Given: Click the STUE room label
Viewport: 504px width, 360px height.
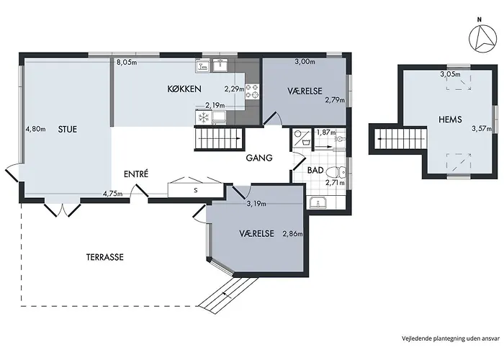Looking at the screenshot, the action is [x=68, y=129].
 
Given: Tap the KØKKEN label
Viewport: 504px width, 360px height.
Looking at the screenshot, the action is [x=184, y=89].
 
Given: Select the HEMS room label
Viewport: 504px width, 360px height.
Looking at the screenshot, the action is [x=450, y=120].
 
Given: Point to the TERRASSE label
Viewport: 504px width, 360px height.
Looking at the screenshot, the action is [x=105, y=257].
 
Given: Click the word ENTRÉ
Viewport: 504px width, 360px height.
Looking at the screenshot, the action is [x=136, y=174].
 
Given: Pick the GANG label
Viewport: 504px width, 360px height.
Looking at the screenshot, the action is [x=259, y=158].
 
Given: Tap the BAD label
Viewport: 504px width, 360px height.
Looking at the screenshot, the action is [x=315, y=171].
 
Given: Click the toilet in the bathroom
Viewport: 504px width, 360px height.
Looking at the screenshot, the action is [x=336, y=173].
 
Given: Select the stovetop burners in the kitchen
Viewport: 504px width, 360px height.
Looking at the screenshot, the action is [x=252, y=91].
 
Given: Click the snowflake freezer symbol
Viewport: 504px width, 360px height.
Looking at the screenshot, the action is [x=204, y=117].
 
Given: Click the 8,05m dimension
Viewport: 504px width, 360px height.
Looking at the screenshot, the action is [x=127, y=63].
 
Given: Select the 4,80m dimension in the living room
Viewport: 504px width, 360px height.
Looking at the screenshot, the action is [x=36, y=129].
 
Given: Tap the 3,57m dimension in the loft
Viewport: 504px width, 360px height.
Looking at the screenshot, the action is [x=482, y=129].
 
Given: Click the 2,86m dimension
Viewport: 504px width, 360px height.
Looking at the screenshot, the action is [x=292, y=234].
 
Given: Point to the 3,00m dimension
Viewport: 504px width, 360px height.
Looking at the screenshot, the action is [x=305, y=62].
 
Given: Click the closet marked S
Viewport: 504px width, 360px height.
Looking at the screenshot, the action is [x=196, y=190].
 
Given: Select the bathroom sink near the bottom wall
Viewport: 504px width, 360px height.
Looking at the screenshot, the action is [x=318, y=203].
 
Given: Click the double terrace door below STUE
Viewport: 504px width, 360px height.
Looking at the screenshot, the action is [x=63, y=209].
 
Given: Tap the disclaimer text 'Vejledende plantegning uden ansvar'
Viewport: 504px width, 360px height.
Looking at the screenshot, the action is [x=451, y=338].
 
